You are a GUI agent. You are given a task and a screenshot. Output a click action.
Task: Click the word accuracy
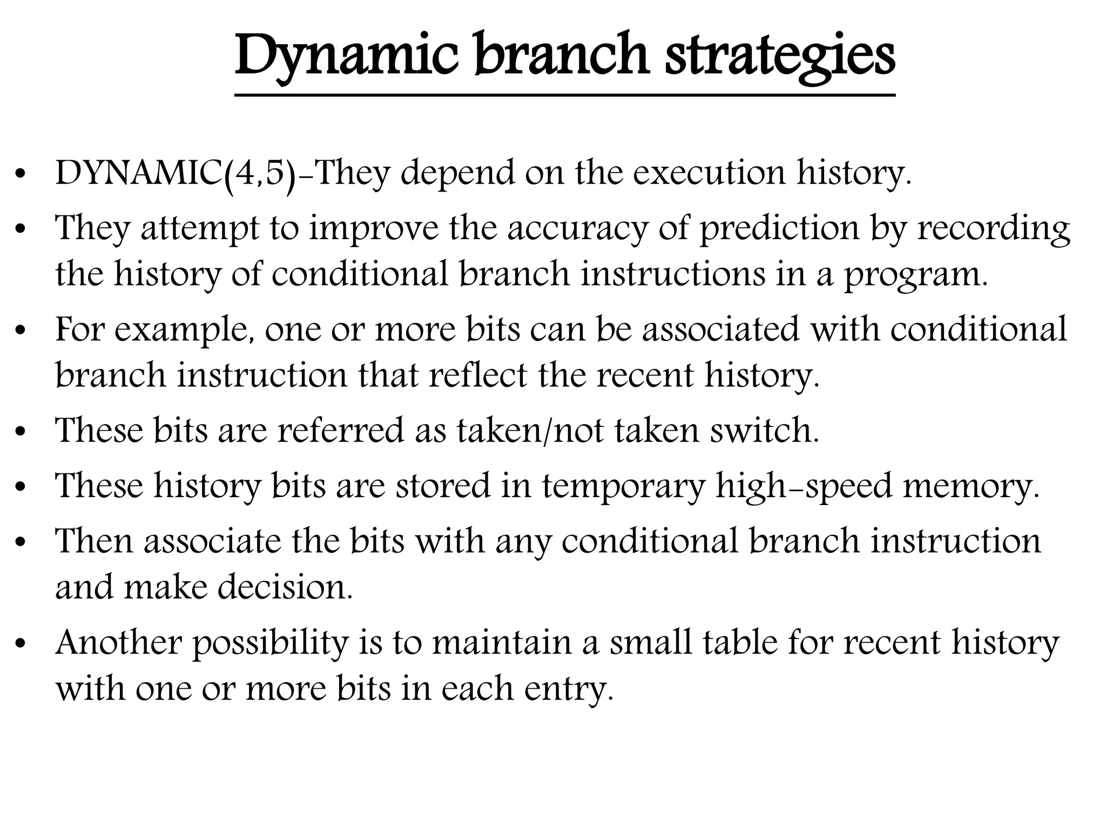(577, 228)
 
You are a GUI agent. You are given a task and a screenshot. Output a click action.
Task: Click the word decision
(285, 587)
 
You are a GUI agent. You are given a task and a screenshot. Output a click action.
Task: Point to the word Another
(119, 643)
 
